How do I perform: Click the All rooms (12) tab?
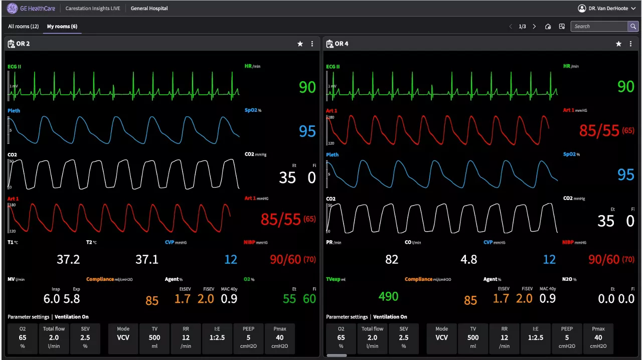tap(23, 27)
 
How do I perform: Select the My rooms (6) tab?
tap(62, 27)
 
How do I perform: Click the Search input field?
tap(599, 27)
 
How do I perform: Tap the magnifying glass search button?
tap(633, 27)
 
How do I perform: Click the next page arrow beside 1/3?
tap(534, 27)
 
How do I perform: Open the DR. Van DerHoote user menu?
tap(607, 9)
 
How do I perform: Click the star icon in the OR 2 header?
tap(300, 44)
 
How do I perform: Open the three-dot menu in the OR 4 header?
tap(630, 44)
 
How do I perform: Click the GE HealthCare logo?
tap(31, 9)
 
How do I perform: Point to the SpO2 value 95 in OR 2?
tap(307, 131)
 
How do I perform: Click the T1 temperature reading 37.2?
tap(68, 259)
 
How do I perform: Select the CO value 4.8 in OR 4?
tap(469, 259)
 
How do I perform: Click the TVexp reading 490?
tap(388, 296)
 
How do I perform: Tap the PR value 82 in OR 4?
tap(392, 259)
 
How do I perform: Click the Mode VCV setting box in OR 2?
tap(123, 337)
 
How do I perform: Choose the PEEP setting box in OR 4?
tap(567, 337)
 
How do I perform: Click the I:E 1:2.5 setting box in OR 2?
tap(217, 337)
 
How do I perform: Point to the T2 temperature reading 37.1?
tap(147, 259)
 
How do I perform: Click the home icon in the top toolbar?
tap(548, 27)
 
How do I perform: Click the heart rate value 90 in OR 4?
tap(625, 87)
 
